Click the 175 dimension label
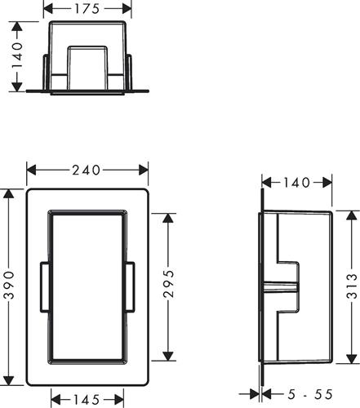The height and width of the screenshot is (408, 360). (x=87, y=9)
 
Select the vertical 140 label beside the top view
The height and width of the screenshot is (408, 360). (x=17, y=55)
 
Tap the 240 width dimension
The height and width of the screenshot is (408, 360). (x=87, y=171)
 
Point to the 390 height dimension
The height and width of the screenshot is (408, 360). (x=9, y=285)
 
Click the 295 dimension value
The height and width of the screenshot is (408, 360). (x=168, y=284)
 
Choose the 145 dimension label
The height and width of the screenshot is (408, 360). (x=87, y=400)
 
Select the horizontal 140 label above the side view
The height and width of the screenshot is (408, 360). (x=296, y=183)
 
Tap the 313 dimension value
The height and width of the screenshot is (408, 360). (x=352, y=286)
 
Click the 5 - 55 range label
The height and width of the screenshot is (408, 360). (x=310, y=394)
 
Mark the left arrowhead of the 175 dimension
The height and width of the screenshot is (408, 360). (x=48, y=9)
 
